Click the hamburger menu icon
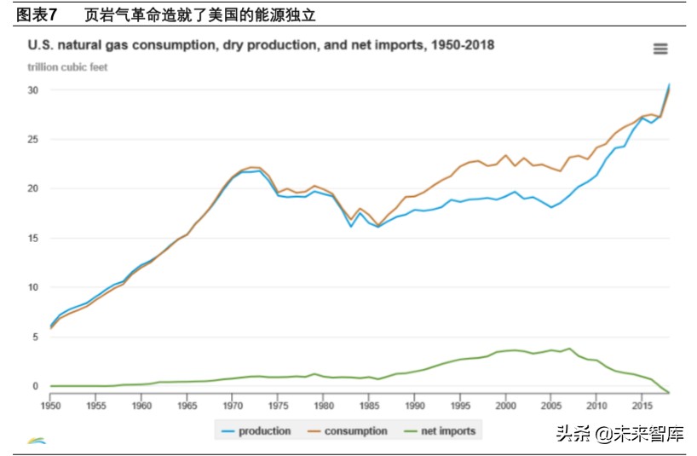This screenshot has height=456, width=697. [660, 49]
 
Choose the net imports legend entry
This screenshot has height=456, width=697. [441, 431]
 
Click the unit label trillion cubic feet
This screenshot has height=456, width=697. [67, 67]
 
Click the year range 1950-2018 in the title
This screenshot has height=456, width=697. [459, 45]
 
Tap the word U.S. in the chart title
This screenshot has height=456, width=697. [43, 45]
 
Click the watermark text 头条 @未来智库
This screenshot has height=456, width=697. [619, 434]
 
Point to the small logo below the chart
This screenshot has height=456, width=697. [37, 440]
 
